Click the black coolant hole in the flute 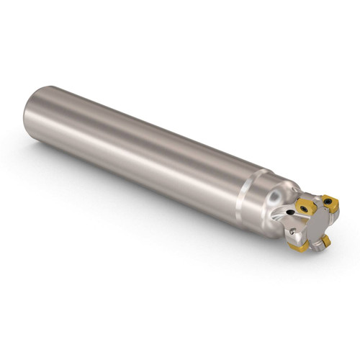[290, 212]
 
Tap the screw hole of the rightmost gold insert [328, 202]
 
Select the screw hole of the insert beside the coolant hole [305, 209]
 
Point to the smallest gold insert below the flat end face [326, 242]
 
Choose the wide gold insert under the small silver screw [297, 246]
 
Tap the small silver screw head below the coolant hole [292, 231]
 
